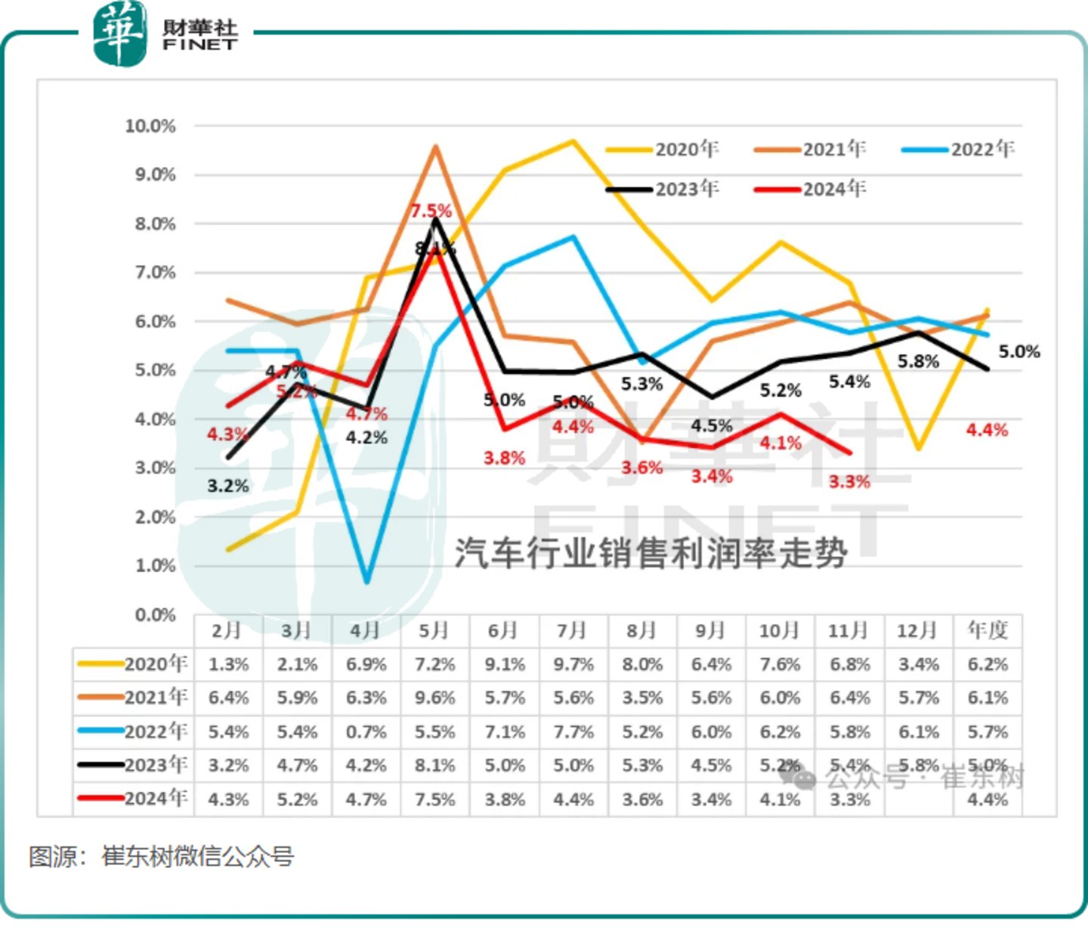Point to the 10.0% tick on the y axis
[x=150, y=125]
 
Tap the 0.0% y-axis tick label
[x=155, y=615]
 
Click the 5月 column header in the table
[x=434, y=630]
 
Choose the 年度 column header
[x=988, y=630]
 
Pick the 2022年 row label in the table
[x=134, y=731]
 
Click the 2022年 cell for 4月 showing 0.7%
[x=366, y=731]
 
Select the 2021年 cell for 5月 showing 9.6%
[x=435, y=698]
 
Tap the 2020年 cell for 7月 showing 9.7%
[x=573, y=665]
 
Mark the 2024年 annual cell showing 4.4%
[x=988, y=799]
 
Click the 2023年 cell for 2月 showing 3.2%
[x=228, y=765]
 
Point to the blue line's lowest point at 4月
[x=367, y=581]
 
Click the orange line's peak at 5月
[x=435, y=147]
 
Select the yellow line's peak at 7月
[x=573, y=141]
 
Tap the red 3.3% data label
[x=849, y=481]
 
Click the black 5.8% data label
[x=918, y=362]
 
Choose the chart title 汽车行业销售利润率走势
[x=650, y=553]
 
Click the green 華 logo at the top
[x=119, y=33]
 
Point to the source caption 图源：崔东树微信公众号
[x=162, y=857]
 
